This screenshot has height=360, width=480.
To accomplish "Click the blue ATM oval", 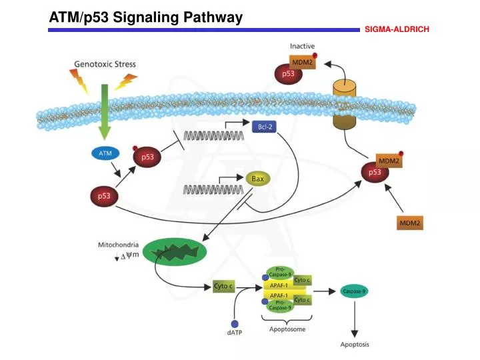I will (x=105, y=153).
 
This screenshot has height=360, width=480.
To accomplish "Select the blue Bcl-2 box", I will (x=263, y=127).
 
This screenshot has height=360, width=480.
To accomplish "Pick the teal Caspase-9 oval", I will (x=354, y=291).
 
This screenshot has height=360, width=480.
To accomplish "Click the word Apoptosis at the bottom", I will (x=354, y=345).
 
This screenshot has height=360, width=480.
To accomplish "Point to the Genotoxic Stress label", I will (x=105, y=65).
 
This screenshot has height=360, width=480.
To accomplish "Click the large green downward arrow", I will (x=104, y=110).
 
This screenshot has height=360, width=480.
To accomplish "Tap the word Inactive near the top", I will (x=303, y=45).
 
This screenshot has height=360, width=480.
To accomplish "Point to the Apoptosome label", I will (x=288, y=329).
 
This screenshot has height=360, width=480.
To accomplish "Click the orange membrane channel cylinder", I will (x=345, y=105).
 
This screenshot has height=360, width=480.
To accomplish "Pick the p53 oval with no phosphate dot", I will (x=105, y=197).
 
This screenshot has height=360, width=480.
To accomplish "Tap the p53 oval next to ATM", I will (x=147, y=157).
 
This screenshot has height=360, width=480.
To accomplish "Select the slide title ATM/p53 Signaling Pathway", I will (x=146, y=18).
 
